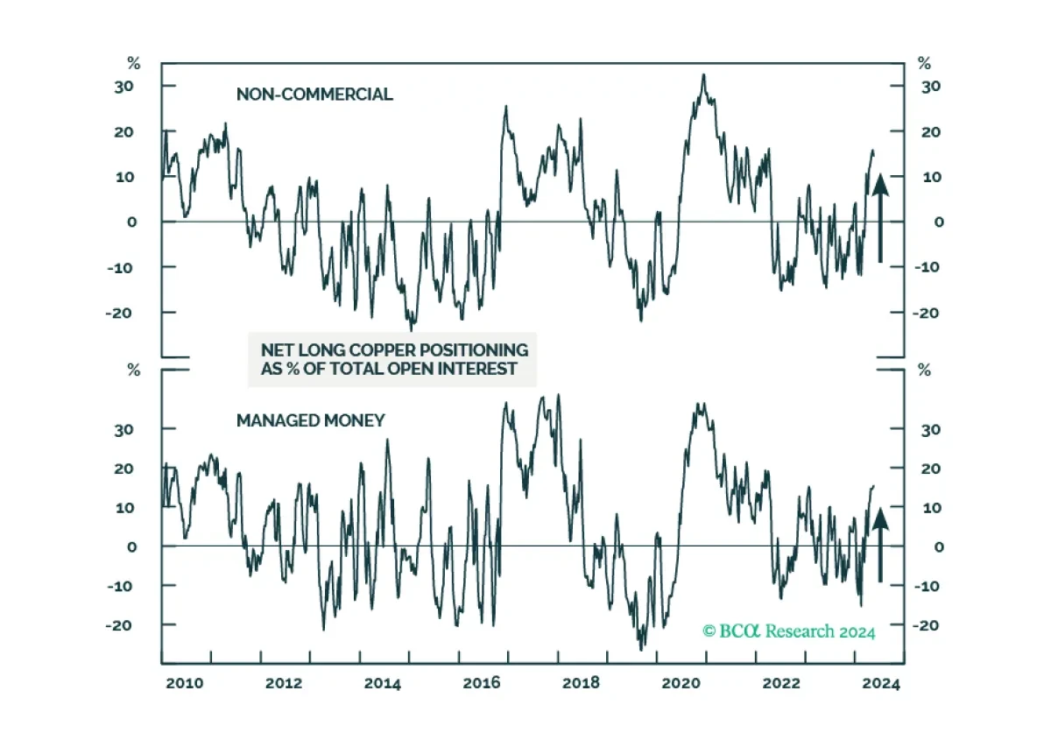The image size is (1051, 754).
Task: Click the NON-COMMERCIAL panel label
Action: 314,95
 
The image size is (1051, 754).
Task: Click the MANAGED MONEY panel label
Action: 310,420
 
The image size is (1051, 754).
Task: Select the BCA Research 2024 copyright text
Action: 788,631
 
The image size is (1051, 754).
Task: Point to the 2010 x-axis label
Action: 185,684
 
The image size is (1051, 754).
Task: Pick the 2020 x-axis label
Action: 683,684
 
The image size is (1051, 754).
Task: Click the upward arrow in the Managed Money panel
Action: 880,543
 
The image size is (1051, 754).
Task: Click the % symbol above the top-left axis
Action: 134,63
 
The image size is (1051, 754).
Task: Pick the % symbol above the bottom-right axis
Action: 924,370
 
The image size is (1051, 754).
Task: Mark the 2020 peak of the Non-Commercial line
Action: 703,75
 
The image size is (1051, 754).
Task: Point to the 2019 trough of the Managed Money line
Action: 641,649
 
